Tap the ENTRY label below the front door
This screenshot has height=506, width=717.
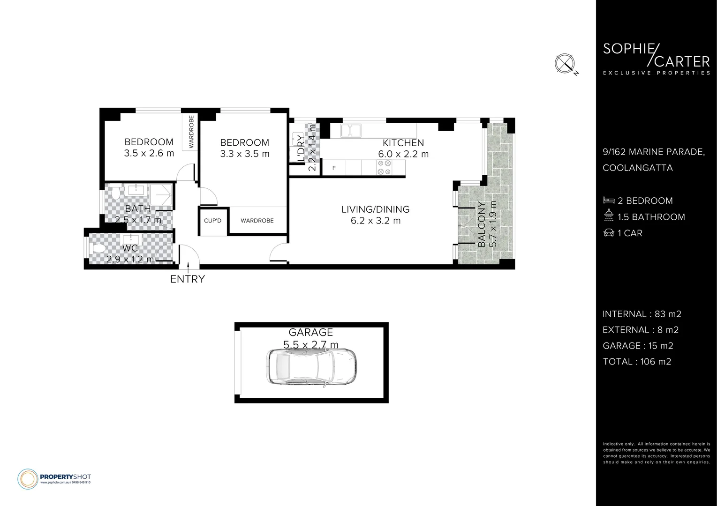point(187,279)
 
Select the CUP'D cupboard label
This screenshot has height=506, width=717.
point(212,221)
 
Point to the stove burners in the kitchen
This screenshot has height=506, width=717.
point(385,168)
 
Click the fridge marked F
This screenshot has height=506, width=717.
point(334,168)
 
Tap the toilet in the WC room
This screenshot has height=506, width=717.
point(98,248)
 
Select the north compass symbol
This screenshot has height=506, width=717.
point(565,63)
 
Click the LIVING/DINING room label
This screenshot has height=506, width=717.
point(375,209)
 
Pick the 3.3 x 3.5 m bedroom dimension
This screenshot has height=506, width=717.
point(245,154)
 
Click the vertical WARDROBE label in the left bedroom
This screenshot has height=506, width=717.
point(191,132)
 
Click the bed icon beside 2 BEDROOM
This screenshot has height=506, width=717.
point(609,201)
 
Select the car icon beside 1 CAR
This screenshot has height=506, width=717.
point(609,233)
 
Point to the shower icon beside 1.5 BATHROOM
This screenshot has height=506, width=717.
point(609,216)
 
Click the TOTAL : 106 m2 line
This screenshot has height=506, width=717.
point(636,362)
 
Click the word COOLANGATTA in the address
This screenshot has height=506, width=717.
point(637,168)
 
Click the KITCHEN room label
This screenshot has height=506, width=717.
point(403,143)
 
